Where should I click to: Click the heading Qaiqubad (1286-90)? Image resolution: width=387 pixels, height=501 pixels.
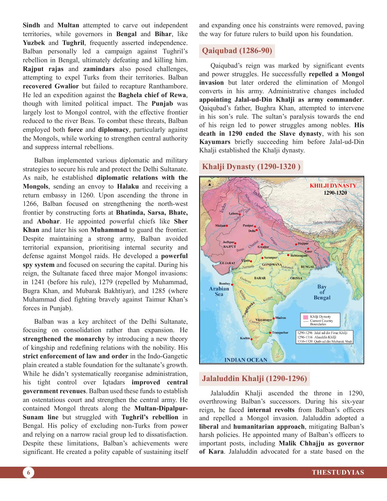[237, 51]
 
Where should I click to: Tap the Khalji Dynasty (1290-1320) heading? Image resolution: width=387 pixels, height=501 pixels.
[251, 167]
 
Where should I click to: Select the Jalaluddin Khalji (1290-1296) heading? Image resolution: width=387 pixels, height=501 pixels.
[254, 378]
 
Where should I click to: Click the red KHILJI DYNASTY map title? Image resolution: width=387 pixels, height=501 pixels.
[333, 186]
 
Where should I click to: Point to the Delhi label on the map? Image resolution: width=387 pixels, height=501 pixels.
[252, 231]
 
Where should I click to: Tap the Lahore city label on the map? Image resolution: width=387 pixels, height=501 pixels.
[233, 213]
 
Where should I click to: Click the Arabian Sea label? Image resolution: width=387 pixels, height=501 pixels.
[219, 291]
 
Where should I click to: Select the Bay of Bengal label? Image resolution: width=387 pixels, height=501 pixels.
[322, 292]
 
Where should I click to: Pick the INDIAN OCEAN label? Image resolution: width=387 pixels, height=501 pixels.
[246, 360]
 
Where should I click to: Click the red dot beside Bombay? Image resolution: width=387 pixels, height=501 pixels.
[232, 285]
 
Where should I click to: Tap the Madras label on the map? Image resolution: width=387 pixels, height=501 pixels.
[280, 318]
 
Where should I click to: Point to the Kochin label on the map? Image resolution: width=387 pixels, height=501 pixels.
[245, 338]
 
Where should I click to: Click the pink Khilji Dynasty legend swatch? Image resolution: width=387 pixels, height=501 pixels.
[306, 317]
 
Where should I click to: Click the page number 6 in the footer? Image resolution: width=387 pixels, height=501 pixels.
[28, 472]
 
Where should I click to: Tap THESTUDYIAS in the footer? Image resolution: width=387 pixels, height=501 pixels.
[338, 472]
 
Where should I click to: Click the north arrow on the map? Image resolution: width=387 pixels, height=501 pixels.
[209, 182]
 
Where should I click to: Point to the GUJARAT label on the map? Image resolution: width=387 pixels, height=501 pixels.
[227, 263]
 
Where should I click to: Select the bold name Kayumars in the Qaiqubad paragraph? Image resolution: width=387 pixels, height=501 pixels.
[215, 142]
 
